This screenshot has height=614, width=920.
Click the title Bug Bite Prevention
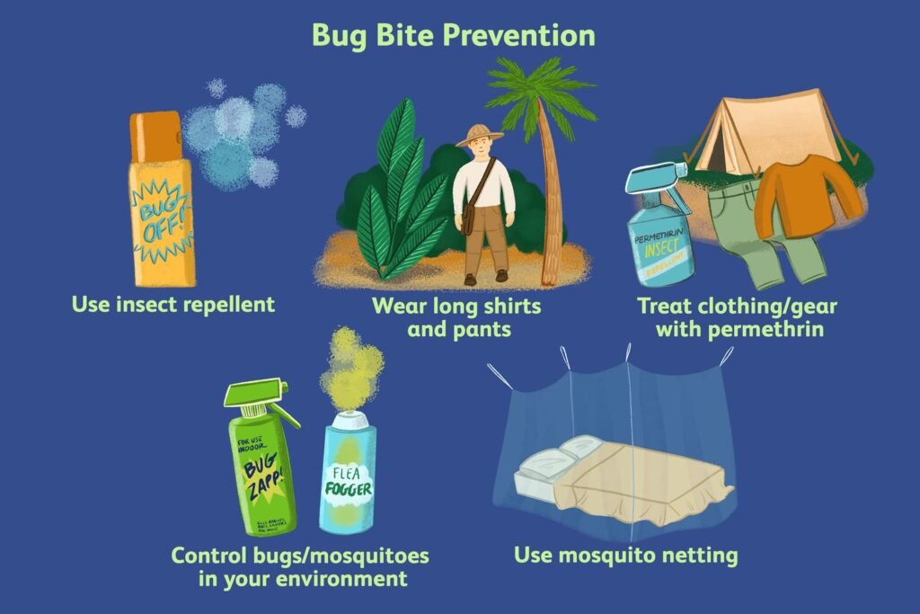[x=453, y=35]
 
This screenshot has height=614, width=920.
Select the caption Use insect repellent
[x=173, y=304]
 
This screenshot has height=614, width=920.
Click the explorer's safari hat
[x=479, y=136]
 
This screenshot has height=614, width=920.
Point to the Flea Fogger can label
[x=349, y=485]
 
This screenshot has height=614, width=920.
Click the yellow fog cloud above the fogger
[x=354, y=369]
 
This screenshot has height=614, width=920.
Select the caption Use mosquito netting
[x=625, y=556]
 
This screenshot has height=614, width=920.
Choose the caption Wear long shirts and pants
[x=457, y=316]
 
